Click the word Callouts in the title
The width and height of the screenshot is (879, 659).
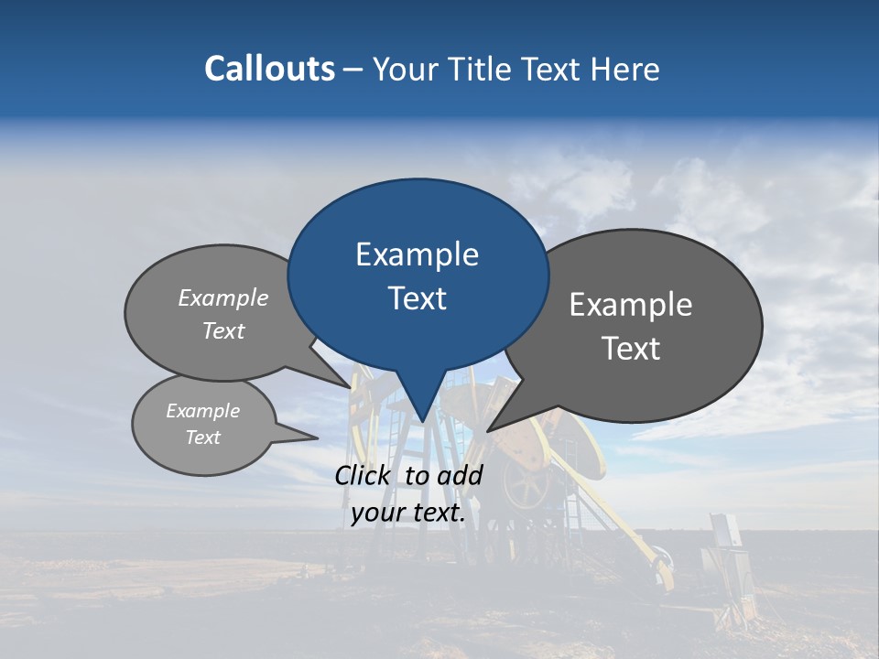click(269, 69)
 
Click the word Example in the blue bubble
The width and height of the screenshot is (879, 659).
click(417, 254)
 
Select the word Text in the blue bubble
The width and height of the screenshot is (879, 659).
click(418, 298)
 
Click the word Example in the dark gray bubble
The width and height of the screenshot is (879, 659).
click(630, 305)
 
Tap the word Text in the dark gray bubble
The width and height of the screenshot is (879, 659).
click(630, 349)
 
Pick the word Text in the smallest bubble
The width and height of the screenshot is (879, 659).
click(202, 438)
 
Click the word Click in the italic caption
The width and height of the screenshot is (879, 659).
click(364, 475)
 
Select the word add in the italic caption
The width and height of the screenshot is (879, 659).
click(460, 475)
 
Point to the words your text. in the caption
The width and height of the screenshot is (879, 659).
click(408, 513)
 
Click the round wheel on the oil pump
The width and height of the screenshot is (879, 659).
click(527, 488)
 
